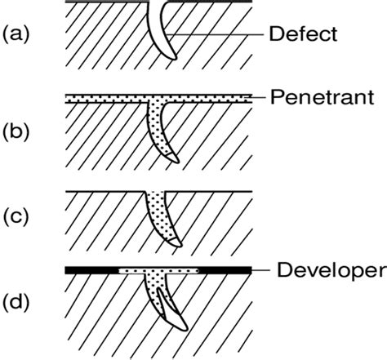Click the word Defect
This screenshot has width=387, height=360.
tap(303, 34)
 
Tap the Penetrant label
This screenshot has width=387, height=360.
tap(322, 97)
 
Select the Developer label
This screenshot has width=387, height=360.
tap(331, 271)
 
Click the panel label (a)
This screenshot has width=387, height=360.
tap(16, 34)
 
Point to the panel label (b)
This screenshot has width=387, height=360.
tap(16, 133)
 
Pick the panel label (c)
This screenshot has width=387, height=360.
tap(16, 218)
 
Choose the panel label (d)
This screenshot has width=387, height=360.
tap(16, 302)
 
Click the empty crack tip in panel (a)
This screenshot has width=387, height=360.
tap(171, 55)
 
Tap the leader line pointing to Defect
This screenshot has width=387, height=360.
tap(215, 35)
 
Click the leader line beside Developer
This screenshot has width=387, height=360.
tap(260, 270)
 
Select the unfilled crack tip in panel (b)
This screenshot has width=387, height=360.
tap(174, 158)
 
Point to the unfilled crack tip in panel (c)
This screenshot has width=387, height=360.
tap(176, 242)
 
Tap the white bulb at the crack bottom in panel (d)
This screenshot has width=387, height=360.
tap(174, 313)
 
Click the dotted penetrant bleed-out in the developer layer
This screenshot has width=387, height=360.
tap(159, 271)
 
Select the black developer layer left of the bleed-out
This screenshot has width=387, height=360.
tap(91, 270)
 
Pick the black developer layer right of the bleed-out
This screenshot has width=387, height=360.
tap(225, 270)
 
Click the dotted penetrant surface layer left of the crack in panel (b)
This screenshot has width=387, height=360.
tap(106, 98)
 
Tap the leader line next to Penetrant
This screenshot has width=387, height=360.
tap(258, 97)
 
